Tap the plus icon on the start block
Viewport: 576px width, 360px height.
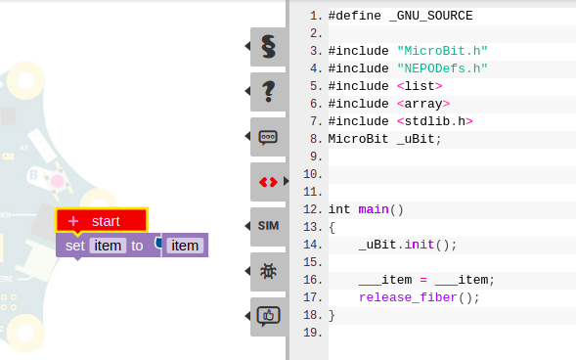point(73,221)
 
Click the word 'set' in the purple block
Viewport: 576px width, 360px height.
point(75,246)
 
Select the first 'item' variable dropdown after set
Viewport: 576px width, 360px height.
point(108,246)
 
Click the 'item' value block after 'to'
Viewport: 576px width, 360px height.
point(185,246)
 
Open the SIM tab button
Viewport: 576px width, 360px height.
point(268,226)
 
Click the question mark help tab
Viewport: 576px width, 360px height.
point(268,91)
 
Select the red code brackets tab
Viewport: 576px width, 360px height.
point(268,181)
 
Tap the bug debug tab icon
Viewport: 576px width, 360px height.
point(268,271)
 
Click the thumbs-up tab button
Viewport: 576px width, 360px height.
point(268,315)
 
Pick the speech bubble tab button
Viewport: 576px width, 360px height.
point(268,137)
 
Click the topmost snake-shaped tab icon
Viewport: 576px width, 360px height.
point(268,46)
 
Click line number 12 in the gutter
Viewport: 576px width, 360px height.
point(313,209)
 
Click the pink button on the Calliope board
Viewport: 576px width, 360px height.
point(57,181)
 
